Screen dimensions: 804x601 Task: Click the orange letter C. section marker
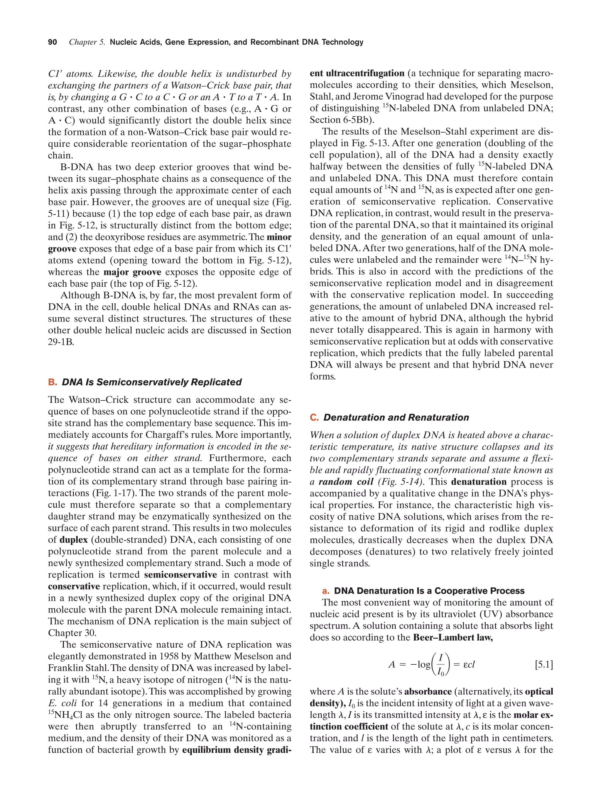314,418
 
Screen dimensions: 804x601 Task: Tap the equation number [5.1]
543,665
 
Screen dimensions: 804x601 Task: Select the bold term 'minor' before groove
279,237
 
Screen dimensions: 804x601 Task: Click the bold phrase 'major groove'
132,272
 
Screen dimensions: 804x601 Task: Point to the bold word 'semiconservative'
180,575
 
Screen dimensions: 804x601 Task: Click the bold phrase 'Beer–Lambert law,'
453,637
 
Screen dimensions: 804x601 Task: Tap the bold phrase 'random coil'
346,482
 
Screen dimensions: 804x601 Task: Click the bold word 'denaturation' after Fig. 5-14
479,482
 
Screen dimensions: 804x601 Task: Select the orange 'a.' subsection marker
326,591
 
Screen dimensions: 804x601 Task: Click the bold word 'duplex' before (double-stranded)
73,540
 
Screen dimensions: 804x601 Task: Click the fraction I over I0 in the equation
440,665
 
